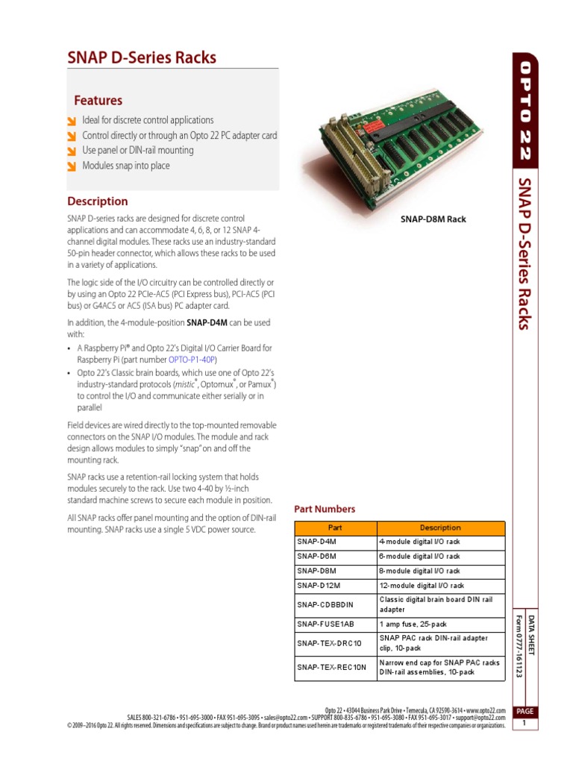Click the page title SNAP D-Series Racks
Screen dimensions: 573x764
pos(142,57)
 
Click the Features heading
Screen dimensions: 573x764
pos(98,101)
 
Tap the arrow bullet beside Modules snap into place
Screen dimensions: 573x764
pos(71,166)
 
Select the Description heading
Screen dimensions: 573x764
pos(98,201)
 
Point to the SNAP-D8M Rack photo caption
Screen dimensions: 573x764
pos(433,219)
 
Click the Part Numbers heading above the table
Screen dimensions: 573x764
pos(325,509)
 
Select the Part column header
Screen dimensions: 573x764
pos(330,527)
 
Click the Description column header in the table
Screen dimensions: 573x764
pos(440,527)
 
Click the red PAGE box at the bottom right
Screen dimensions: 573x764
pos(525,713)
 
